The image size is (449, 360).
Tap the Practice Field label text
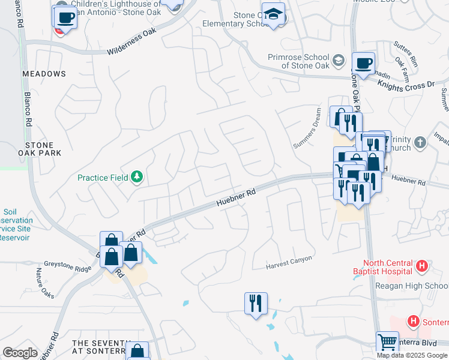(102, 178)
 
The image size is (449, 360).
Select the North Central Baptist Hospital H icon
(422, 265)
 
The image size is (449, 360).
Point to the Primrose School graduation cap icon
(338, 61)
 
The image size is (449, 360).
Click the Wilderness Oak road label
(135, 44)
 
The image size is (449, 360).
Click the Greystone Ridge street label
(67, 263)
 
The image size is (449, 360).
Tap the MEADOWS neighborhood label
(44, 74)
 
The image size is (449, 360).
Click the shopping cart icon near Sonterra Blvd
(387, 343)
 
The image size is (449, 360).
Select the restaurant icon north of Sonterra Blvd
(256, 303)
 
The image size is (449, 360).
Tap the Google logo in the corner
(20, 353)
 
